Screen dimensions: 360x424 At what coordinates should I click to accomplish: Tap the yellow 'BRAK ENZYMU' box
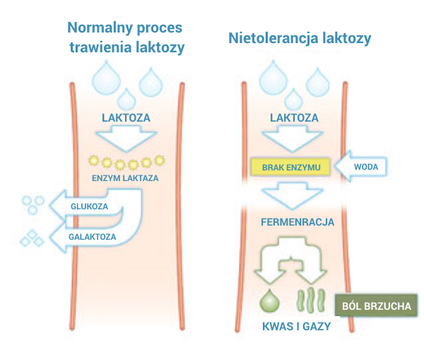click(x=291, y=167)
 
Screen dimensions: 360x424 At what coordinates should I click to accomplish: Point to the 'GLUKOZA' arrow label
click(x=88, y=207)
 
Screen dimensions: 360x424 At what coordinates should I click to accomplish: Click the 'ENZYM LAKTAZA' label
click(x=125, y=178)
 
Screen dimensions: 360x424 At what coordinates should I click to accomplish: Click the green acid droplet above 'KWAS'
click(x=269, y=301)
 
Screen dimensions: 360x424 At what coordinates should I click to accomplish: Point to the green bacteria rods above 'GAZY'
click(x=312, y=301)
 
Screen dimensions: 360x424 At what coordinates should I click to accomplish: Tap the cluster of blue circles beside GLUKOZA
click(x=31, y=204)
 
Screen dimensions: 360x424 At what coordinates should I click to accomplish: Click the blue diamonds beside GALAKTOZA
click(x=31, y=239)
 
